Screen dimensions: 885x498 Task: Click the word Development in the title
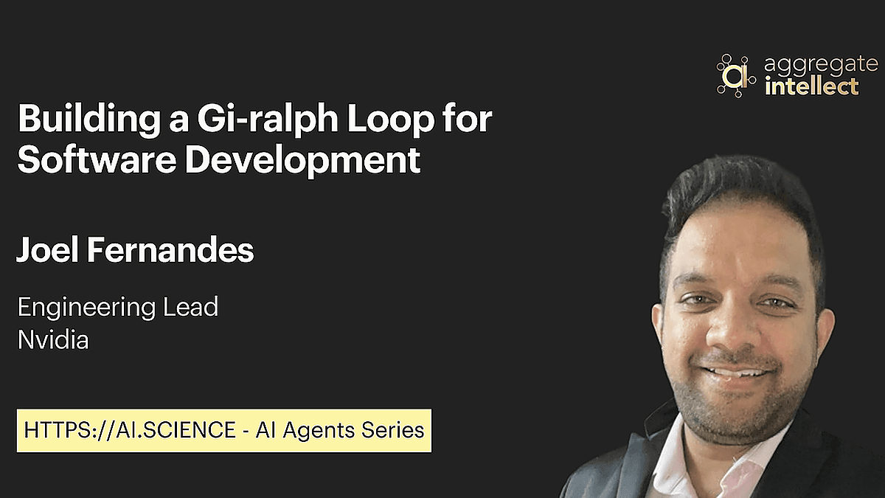point(303,162)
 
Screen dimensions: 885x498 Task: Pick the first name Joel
point(47,249)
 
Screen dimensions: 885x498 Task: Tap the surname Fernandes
point(170,249)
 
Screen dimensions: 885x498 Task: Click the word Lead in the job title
point(190,307)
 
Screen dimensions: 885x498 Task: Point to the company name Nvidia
point(53,339)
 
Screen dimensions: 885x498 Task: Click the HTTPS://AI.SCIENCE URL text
point(130,430)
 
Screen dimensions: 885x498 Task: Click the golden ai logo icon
point(736,75)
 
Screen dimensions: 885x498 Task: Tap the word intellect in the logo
point(811,86)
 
